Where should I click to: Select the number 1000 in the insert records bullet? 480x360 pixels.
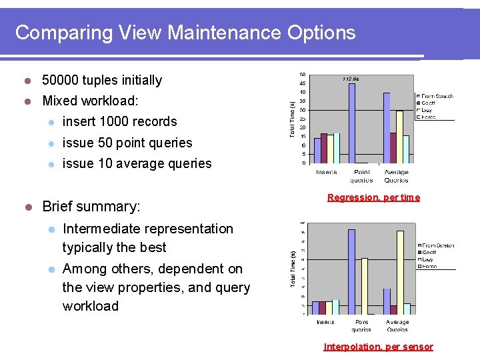click(117, 121)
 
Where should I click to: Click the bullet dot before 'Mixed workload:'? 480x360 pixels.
click(28, 101)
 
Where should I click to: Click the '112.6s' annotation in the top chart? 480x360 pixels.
click(351, 79)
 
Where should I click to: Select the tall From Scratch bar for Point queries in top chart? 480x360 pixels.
click(351, 123)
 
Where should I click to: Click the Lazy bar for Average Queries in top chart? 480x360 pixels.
click(399, 137)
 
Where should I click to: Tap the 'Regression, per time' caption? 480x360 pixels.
click(373, 197)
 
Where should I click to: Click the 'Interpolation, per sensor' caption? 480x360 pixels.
click(378, 347)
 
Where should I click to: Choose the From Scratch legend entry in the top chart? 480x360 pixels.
click(436, 96)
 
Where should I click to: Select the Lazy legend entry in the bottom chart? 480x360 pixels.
click(428, 259)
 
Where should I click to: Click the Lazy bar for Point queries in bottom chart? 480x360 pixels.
click(365, 285)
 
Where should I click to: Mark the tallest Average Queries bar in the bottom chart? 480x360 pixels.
click(400, 272)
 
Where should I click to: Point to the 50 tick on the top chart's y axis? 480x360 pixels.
click(303, 74)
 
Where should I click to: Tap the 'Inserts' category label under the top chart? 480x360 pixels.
click(326, 172)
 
